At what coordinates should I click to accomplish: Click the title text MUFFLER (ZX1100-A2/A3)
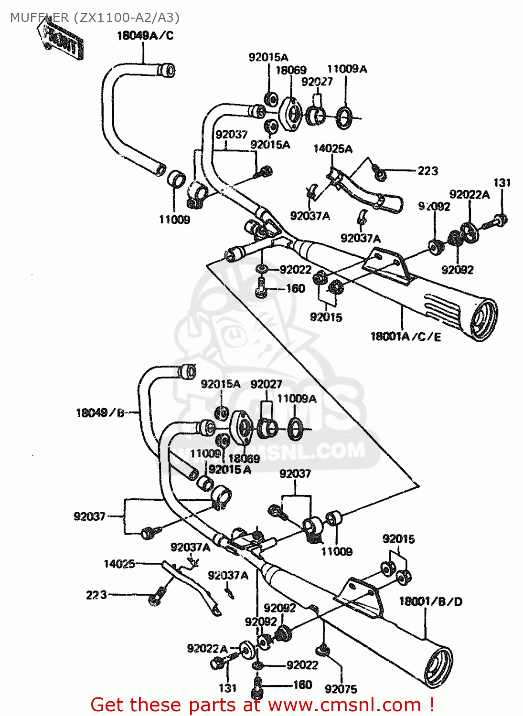(95, 18)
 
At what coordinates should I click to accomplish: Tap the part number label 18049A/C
(145, 35)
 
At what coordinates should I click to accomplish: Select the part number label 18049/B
(100, 413)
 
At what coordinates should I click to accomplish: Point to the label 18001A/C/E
(406, 337)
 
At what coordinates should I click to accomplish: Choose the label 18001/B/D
(430, 601)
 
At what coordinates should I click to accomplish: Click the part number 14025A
(332, 148)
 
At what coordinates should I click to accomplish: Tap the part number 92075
(341, 689)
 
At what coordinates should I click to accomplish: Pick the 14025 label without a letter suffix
(119, 564)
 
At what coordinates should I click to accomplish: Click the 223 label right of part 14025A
(427, 170)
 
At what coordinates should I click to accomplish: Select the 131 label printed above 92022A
(502, 183)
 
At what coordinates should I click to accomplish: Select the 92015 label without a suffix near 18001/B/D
(398, 539)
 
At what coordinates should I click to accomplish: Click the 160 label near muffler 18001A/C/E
(295, 288)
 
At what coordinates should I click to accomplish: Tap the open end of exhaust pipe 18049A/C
(167, 70)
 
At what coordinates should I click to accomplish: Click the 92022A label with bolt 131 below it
(207, 648)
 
